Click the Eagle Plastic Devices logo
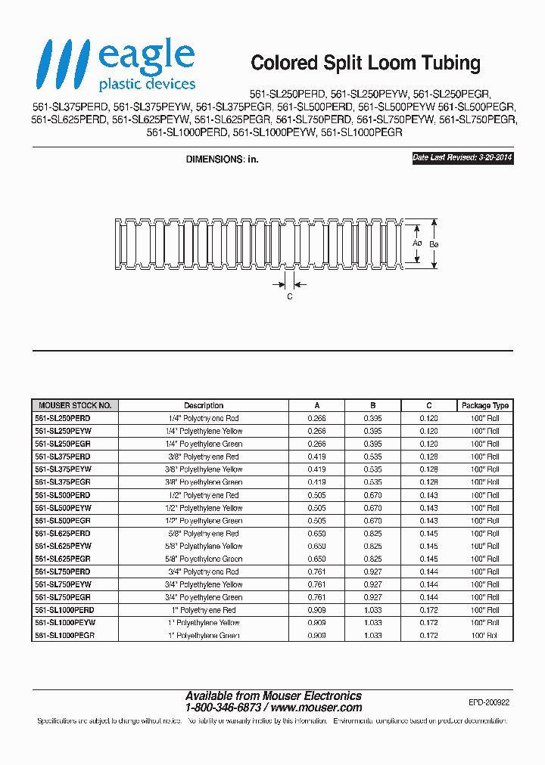coord(118,67)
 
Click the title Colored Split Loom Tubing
coord(366,63)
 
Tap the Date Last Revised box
coord(462,159)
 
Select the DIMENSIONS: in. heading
coord(223,160)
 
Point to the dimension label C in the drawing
coord(289,297)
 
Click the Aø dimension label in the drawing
coord(416,244)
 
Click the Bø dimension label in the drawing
coord(434,244)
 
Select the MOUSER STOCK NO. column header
coord(74,405)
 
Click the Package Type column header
coord(485,405)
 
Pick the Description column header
coord(204,405)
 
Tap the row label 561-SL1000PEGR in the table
coord(65,636)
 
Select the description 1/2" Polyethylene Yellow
coord(204,508)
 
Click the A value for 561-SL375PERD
coord(317,457)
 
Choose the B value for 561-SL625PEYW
coord(372,546)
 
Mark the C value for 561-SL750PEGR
coord(429,597)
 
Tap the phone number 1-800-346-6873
coord(223,708)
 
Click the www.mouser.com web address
coord(316,708)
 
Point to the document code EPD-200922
coord(489,702)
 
